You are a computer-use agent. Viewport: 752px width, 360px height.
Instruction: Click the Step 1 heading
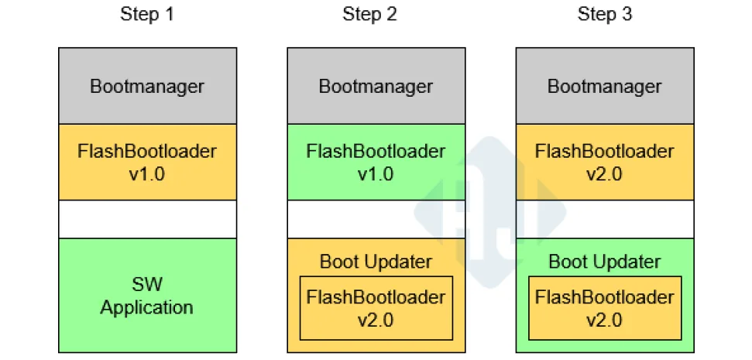pyautogui.click(x=147, y=15)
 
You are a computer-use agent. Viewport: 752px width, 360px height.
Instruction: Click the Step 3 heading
pyautogui.click(x=604, y=15)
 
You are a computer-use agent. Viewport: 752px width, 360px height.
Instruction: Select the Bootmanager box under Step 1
pyautogui.click(x=147, y=86)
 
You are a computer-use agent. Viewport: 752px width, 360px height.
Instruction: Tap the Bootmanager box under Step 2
pyautogui.click(x=376, y=86)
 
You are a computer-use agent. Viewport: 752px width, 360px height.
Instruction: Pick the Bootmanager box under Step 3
pyautogui.click(x=604, y=86)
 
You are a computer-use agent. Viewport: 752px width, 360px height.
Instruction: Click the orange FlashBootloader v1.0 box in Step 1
pyautogui.click(x=147, y=162)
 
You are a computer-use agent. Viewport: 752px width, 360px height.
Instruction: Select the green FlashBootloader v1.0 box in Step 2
pyautogui.click(x=376, y=162)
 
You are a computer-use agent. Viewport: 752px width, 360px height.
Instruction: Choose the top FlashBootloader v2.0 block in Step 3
pyautogui.click(x=604, y=162)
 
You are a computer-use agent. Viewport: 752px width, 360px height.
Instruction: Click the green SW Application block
pyautogui.click(x=147, y=296)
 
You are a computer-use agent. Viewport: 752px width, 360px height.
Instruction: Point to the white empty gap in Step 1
pyautogui.click(x=147, y=219)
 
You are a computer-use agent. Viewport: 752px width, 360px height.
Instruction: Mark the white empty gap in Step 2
pyautogui.click(x=376, y=219)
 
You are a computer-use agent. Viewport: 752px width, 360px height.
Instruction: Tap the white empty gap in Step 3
pyautogui.click(x=604, y=219)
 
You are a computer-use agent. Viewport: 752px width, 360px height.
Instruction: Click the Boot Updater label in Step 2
pyautogui.click(x=376, y=261)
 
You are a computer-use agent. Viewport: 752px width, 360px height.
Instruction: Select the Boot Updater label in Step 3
pyautogui.click(x=604, y=261)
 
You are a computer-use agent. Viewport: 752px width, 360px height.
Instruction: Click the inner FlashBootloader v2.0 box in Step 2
pyautogui.click(x=376, y=308)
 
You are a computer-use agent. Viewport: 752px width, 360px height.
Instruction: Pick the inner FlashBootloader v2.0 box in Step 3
pyautogui.click(x=604, y=308)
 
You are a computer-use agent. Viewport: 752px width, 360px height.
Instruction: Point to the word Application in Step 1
pyautogui.click(x=147, y=307)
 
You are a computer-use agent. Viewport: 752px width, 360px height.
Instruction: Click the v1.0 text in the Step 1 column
pyautogui.click(x=147, y=173)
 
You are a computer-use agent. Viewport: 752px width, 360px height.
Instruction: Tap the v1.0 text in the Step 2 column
pyautogui.click(x=376, y=173)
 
